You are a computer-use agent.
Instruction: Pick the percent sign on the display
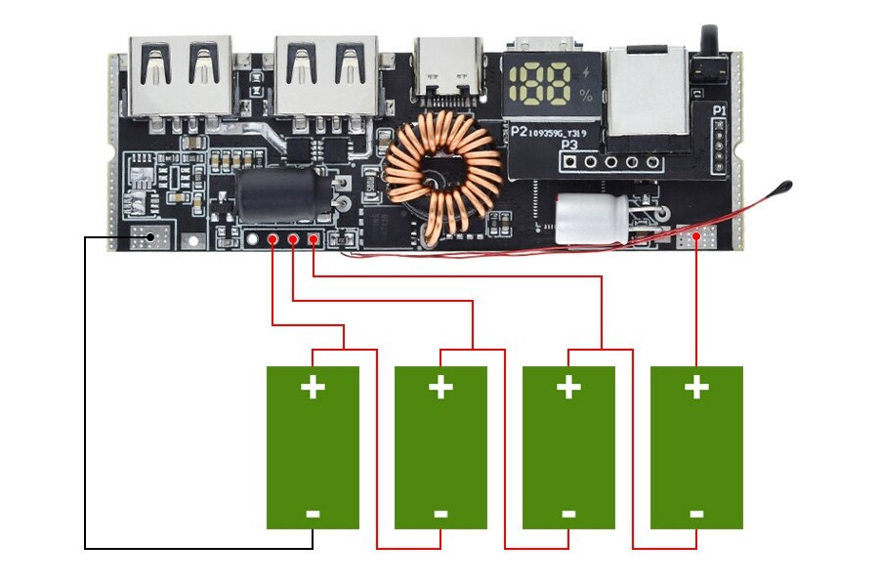coord(585,96)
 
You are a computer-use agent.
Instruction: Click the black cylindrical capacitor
coord(277,196)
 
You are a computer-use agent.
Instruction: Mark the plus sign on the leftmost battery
coord(313,388)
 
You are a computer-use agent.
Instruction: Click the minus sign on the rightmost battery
coord(696,513)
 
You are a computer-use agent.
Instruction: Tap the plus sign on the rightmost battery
coord(696,388)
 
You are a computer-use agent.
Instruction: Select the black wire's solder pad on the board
coord(148,237)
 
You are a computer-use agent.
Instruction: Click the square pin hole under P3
coord(569,162)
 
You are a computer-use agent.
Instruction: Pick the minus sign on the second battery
coord(440,513)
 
